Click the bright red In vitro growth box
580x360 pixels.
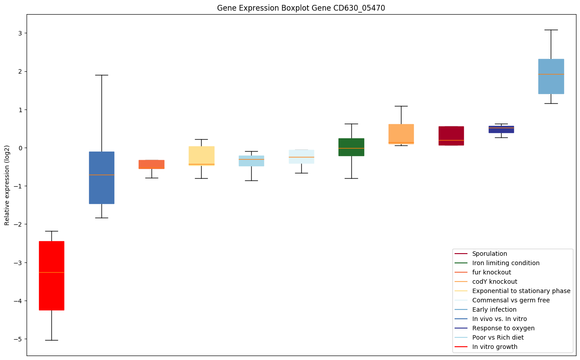coord(51,275)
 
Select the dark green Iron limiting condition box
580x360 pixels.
coord(351,147)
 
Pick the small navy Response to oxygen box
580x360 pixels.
coord(501,129)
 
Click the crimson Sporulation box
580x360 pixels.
coord(451,136)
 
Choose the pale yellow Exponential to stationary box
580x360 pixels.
coord(201,156)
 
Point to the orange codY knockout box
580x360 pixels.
coord(401,134)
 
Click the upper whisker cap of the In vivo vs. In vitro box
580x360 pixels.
coord(101,75)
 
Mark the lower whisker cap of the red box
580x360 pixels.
coord(51,340)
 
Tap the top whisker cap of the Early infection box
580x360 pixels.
coord(551,30)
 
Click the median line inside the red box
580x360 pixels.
coord(51,272)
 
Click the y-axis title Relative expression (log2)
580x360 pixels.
coord(7,185)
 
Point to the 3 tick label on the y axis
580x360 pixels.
coord(20,33)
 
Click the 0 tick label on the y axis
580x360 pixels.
coord(20,148)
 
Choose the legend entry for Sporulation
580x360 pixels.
coord(489,254)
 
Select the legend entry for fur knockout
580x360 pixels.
coord(491,272)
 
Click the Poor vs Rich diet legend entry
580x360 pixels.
coord(498,337)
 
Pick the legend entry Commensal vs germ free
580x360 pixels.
coord(510,300)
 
